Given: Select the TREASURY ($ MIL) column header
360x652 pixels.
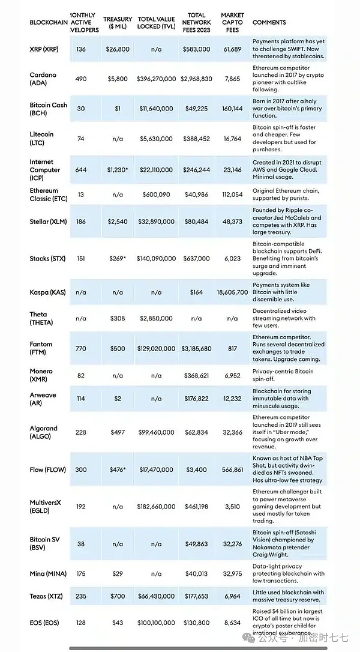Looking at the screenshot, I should point(118,22).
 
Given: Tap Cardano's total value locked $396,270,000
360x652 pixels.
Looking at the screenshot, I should point(156,79).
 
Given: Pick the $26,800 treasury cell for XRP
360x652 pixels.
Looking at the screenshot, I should point(118,49).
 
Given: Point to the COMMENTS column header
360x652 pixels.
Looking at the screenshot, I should point(269,22).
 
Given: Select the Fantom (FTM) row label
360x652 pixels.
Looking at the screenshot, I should point(41,348).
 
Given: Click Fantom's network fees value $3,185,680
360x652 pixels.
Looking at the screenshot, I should point(196,348).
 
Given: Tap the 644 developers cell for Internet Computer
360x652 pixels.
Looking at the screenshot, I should point(81,170).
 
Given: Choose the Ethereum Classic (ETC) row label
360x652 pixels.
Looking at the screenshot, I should point(44,195).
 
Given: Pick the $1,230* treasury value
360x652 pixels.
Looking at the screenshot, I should point(118,170).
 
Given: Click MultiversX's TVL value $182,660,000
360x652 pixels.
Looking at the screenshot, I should point(156,507).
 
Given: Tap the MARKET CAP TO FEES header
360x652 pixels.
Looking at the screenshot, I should point(232,22).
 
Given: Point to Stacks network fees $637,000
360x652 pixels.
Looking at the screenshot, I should point(196,258).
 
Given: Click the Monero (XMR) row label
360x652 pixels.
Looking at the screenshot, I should point(41,375).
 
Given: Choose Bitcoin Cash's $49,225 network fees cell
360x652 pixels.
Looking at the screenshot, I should point(196,109).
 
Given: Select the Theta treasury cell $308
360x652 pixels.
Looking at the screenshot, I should point(118,319).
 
